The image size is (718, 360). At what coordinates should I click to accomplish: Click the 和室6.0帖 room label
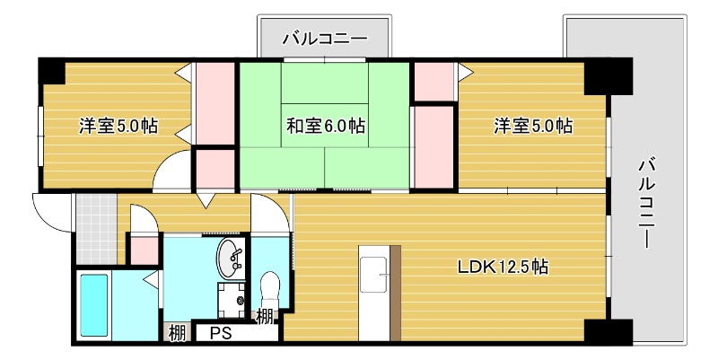[x=325, y=126]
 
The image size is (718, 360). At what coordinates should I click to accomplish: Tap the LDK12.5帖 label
[x=503, y=267]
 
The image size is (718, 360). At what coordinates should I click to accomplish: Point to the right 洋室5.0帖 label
[x=533, y=126]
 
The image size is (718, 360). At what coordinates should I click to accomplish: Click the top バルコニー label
[x=324, y=39]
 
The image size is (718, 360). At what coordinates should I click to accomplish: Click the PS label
[x=221, y=334]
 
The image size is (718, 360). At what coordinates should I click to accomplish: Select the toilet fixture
[x=269, y=289]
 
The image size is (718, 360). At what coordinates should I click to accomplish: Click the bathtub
[x=94, y=305]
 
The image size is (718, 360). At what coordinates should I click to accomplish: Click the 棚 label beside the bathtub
[x=177, y=334]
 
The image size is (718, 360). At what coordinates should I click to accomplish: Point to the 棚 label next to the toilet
[x=265, y=316]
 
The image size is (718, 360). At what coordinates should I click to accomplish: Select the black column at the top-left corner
[x=52, y=70]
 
